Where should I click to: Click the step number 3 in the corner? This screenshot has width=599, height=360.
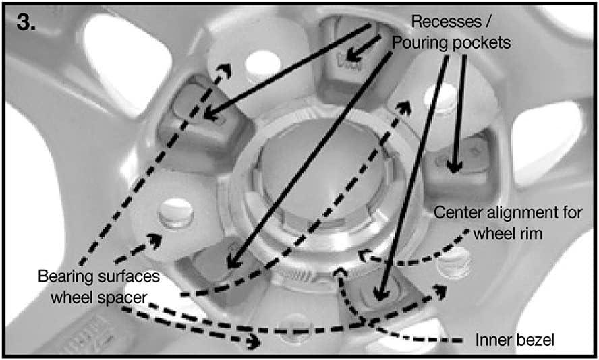coord(26,23)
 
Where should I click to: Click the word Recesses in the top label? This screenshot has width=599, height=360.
coord(446,22)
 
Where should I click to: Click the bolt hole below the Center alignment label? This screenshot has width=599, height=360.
coord(454,264)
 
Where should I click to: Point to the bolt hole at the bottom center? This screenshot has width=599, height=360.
coord(295,328)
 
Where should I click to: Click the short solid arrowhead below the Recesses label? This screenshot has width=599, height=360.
coord(353,56)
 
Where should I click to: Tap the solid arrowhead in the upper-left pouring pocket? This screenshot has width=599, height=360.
coord(211,113)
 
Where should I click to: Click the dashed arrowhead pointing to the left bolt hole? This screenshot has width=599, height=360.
coord(154,241)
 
